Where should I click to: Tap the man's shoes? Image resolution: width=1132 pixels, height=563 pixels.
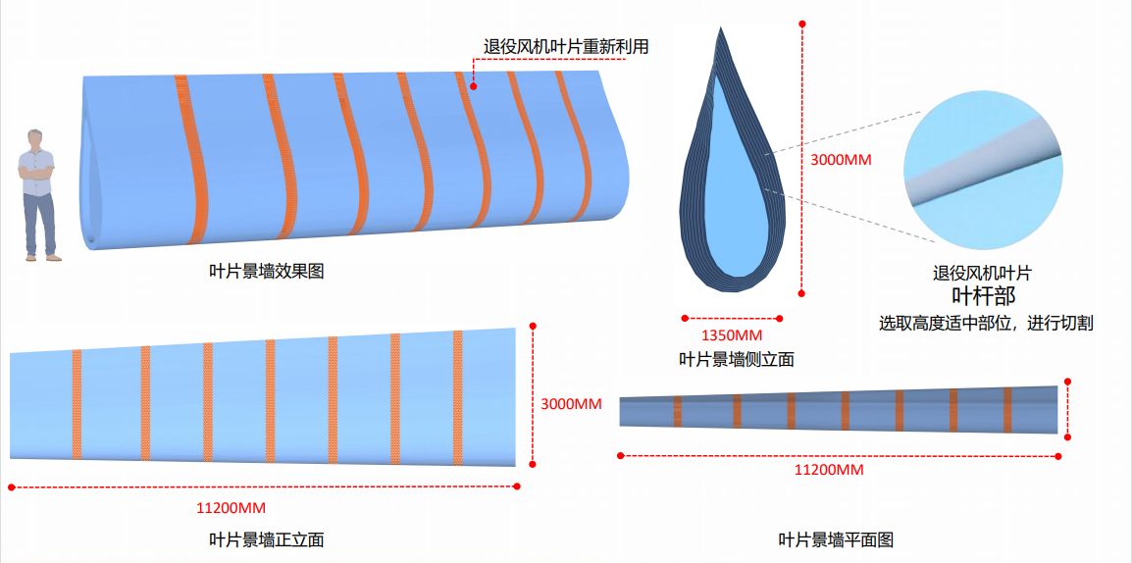[x=43, y=257]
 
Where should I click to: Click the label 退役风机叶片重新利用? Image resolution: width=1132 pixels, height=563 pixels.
[x=566, y=46]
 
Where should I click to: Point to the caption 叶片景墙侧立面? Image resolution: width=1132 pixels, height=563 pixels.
[x=737, y=359]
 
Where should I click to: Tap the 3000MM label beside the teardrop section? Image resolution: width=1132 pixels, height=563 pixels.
[x=842, y=159]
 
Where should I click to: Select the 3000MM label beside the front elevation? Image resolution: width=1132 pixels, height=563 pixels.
[x=571, y=404]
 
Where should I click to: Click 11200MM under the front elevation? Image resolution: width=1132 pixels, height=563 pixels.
[x=232, y=507]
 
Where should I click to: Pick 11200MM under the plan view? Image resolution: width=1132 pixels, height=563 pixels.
[x=829, y=470]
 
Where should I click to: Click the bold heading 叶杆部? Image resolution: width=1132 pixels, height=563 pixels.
[x=984, y=295]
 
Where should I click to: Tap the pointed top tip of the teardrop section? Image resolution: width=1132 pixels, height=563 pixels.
[x=721, y=30]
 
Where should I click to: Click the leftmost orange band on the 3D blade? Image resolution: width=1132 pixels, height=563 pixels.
[x=192, y=157]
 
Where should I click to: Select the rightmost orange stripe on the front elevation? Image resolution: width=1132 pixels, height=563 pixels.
[x=457, y=397]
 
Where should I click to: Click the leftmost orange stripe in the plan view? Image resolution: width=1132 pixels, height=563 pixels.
[x=676, y=412]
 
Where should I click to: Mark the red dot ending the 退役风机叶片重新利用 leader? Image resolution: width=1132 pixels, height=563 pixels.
[x=474, y=86]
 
